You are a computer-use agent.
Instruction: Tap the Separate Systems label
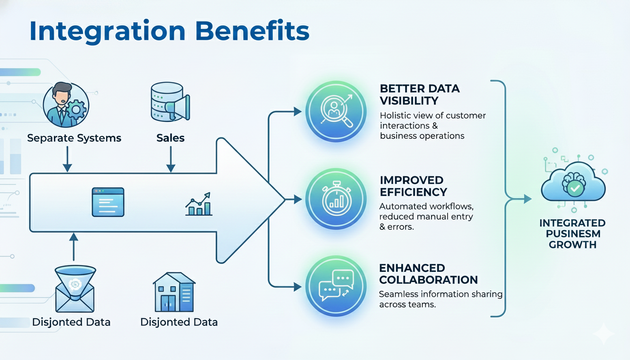74,138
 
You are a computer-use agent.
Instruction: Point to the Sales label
171,138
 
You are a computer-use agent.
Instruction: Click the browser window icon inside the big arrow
108,202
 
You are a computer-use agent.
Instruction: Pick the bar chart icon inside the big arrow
199,204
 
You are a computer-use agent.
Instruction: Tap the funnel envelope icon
75,289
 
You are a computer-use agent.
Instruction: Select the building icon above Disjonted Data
174,292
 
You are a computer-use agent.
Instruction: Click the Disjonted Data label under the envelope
71,322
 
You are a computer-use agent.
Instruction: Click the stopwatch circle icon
336,199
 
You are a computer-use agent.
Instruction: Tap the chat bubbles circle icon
336,286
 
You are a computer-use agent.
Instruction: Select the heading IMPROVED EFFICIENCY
413,186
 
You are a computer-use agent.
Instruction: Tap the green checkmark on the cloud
575,189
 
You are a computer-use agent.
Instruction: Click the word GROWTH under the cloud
572,244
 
